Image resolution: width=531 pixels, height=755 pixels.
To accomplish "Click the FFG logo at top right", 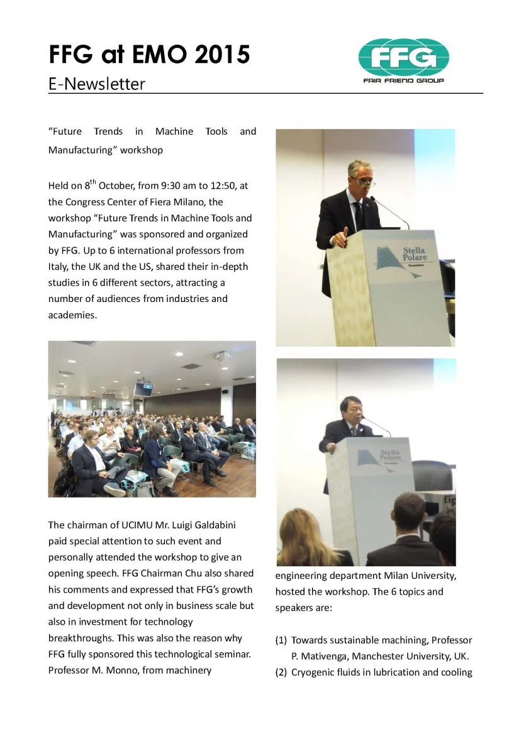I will coord(404,61).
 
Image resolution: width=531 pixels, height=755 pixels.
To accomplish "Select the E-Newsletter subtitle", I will coord(96,84).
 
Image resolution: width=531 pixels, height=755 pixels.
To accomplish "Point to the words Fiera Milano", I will coord(193,202).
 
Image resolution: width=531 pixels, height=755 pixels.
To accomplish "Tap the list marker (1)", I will coord(281,640).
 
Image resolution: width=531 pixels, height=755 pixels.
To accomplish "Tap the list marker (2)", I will coord(281,673).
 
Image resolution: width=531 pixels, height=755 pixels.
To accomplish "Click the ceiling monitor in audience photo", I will coord(143,389).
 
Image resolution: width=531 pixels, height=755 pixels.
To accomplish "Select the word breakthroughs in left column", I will coord(79,638).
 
